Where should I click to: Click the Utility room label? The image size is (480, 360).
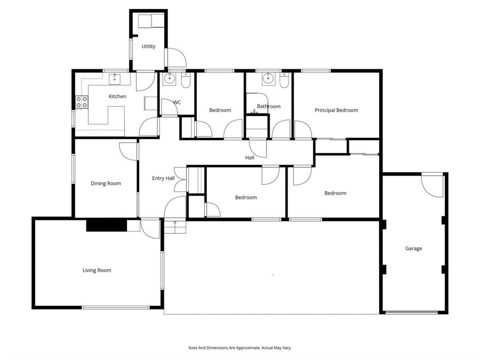tap(148, 46)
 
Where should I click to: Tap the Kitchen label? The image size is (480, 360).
tap(117, 97)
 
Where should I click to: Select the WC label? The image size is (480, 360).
tap(177, 102)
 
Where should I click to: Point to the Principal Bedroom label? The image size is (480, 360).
tap(336, 110)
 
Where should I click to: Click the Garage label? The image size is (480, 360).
tap(413, 249)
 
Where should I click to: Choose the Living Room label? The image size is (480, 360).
tap(97, 270)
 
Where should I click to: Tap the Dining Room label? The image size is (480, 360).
tap(106, 183)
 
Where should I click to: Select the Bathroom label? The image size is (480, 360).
tap(268, 106)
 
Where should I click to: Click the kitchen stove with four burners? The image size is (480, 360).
tap(82, 102)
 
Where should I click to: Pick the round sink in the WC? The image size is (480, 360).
tap(170, 80)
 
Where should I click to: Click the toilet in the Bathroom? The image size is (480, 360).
tap(284, 82)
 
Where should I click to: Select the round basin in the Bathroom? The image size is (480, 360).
tap(268, 79)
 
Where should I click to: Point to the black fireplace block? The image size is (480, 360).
tap(106, 226)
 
